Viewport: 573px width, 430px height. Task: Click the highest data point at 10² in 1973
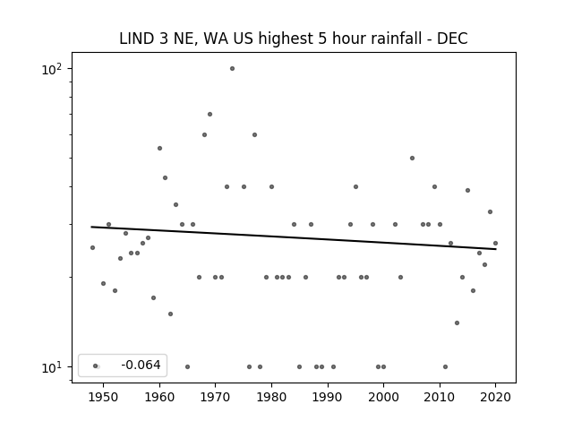[232, 69]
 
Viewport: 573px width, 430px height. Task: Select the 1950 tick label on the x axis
[104, 397]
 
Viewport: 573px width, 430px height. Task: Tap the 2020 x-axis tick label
[495, 397]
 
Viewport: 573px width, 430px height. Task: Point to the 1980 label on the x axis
[271, 397]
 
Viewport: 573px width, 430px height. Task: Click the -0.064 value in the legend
[141, 365]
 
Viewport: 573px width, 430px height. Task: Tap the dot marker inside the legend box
[96, 366]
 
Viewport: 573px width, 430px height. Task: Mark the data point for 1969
[210, 115]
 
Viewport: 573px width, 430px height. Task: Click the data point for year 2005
[412, 159]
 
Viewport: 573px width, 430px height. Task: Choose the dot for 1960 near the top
[159, 149]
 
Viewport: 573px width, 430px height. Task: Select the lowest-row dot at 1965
[187, 366]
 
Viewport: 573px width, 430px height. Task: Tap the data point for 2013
[457, 322]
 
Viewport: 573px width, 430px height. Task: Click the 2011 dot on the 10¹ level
[445, 366]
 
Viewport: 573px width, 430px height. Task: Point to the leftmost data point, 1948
[92, 248]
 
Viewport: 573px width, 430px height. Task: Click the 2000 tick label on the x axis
[383, 397]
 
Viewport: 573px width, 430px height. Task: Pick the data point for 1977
[254, 135]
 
